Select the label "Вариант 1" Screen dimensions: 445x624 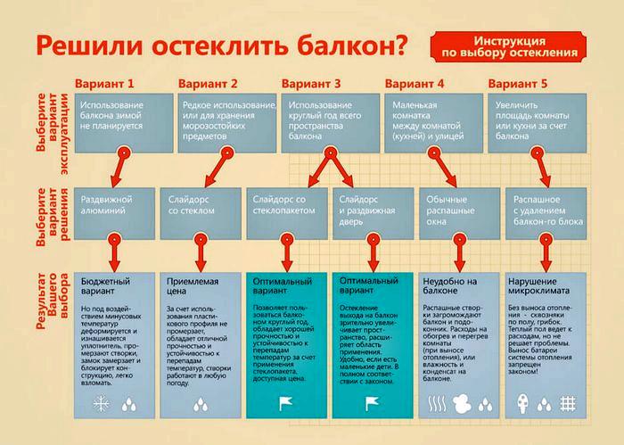click(105, 83)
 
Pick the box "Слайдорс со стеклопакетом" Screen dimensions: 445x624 click(288, 212)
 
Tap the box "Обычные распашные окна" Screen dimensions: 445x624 click(457, 212)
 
